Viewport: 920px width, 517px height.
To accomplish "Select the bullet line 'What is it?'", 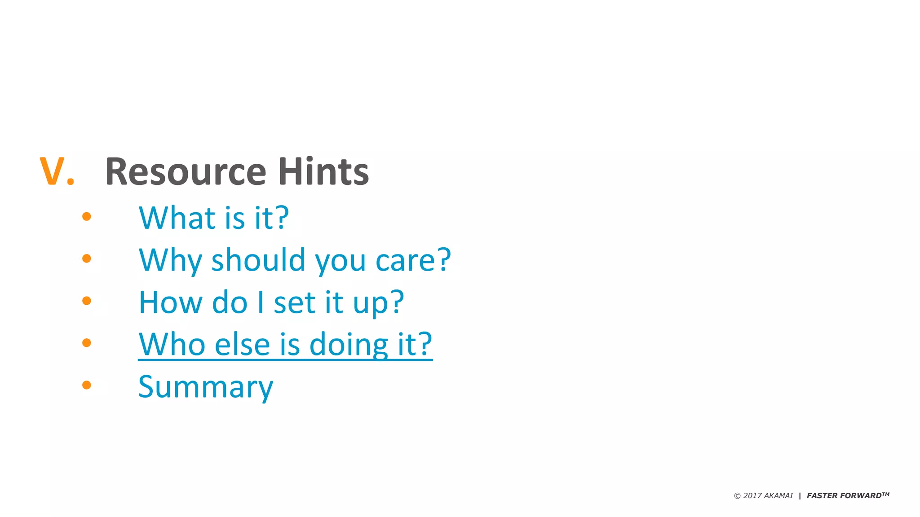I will (214, 218).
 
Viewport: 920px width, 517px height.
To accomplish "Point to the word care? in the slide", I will (413, 260).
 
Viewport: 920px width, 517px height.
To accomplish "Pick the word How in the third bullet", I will (170, 302).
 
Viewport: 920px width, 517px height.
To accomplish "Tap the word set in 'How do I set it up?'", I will (294, 302).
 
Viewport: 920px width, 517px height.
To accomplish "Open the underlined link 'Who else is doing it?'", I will (285, 344).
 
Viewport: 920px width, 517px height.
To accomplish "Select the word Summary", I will (206, 386).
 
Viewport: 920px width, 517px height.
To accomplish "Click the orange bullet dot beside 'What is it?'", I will (87, 217).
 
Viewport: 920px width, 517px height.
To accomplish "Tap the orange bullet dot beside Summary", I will (87, 385).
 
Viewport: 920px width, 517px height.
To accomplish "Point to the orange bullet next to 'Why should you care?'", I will (87, 258).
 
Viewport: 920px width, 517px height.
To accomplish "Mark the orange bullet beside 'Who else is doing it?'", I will (87, 343).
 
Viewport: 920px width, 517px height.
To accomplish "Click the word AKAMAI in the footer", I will (778, 495).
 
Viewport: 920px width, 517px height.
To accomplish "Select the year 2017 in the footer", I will (752, 495).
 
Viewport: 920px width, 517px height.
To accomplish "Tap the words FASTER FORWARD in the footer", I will (844, 495).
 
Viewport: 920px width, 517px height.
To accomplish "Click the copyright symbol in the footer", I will (737, 496).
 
